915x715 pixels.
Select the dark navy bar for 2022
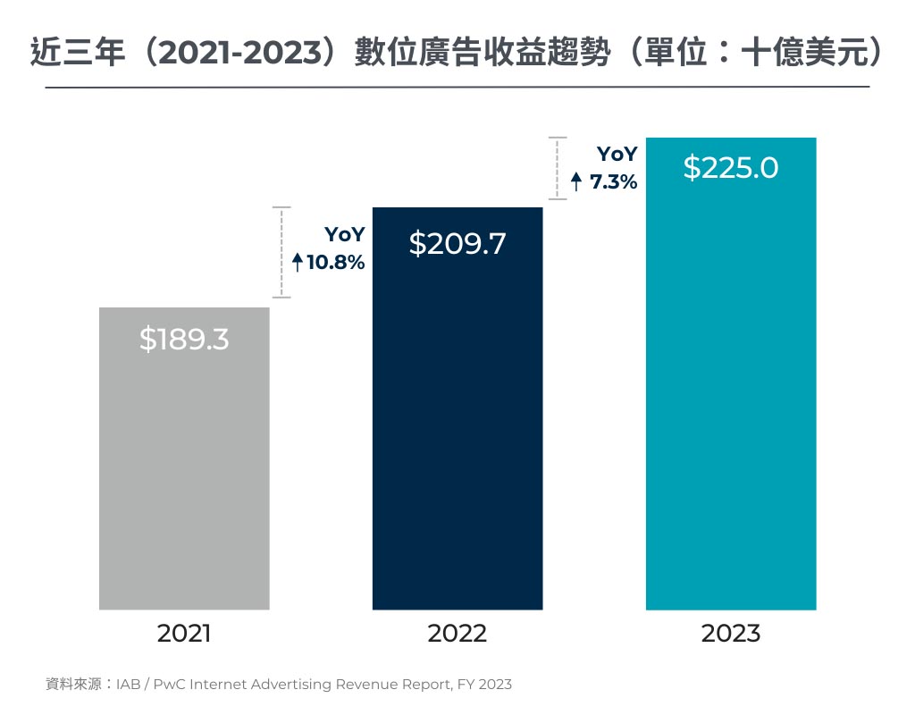(x=457, y=429)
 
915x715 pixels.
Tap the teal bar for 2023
(x=731, y=402)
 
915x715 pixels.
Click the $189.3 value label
(x=184, y=340)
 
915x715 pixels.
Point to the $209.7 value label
(x=457, y=244)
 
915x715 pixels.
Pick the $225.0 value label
(x=731, y=168)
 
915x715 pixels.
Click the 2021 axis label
(x=184, y=634)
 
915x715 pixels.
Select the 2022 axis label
(x=457, y=634)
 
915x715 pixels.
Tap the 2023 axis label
(x=731, y=634)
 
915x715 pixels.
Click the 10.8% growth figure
(x=336, y=263)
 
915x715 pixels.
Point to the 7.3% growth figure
(x=613, y=182)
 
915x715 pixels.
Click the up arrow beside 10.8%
(x=298, y=263)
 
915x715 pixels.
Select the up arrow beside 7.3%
(x=576, y=182)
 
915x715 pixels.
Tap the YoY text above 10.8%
(x=344, y=235)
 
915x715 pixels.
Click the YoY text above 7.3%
(x=617, y=155)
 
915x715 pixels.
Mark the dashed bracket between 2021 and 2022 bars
(x=282, y=252)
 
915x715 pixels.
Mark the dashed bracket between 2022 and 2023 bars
(x=558, y=168)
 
